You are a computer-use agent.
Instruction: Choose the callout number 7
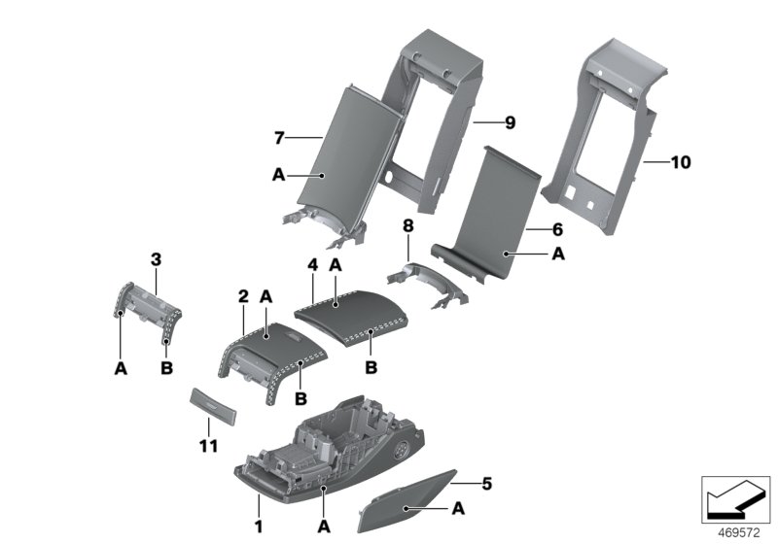(280, 138)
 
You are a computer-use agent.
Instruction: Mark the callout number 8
(408, 225)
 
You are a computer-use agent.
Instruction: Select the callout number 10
(680, 162)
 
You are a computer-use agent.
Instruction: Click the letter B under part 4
(370, 368)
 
